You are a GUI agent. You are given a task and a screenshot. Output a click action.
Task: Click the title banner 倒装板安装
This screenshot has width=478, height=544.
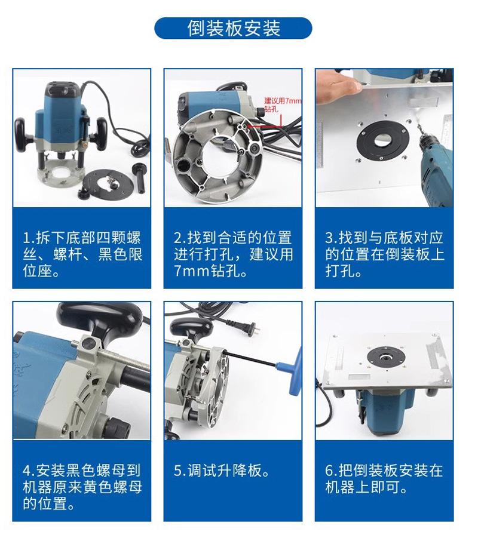click(234, 28)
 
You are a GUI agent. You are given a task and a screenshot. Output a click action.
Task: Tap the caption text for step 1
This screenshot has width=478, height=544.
click(82, 254)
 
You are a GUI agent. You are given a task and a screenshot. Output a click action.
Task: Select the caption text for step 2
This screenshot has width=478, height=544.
click(233, 254)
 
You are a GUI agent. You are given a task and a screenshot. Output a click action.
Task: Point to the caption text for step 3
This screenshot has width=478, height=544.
click(384, 254)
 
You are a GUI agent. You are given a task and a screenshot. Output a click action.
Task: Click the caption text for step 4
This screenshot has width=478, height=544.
click(82, 487)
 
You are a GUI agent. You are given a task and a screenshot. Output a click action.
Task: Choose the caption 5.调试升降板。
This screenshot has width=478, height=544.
click(221, 471)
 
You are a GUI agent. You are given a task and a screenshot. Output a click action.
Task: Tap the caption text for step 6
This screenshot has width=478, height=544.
click(384, 478)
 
